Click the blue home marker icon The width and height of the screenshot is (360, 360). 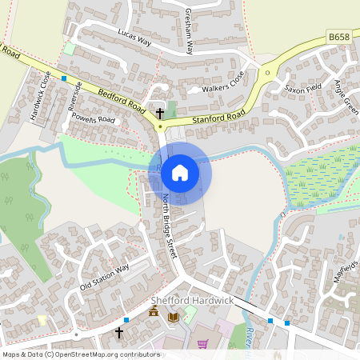pyautogui.click(x=180, y=172)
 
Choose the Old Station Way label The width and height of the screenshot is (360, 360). pyautogui.click(x=104, y=277)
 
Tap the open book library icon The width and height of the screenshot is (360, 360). pyautogui.click(x=173, y=318)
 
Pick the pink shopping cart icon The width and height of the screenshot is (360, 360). pyautogui.click(x=203, y=343)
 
